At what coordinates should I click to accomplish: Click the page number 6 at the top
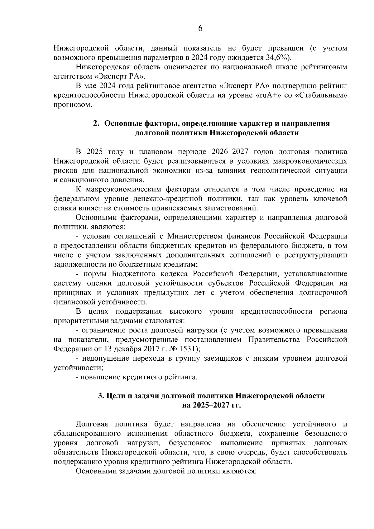(200, 28)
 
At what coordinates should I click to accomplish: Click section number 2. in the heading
(96, 123)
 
